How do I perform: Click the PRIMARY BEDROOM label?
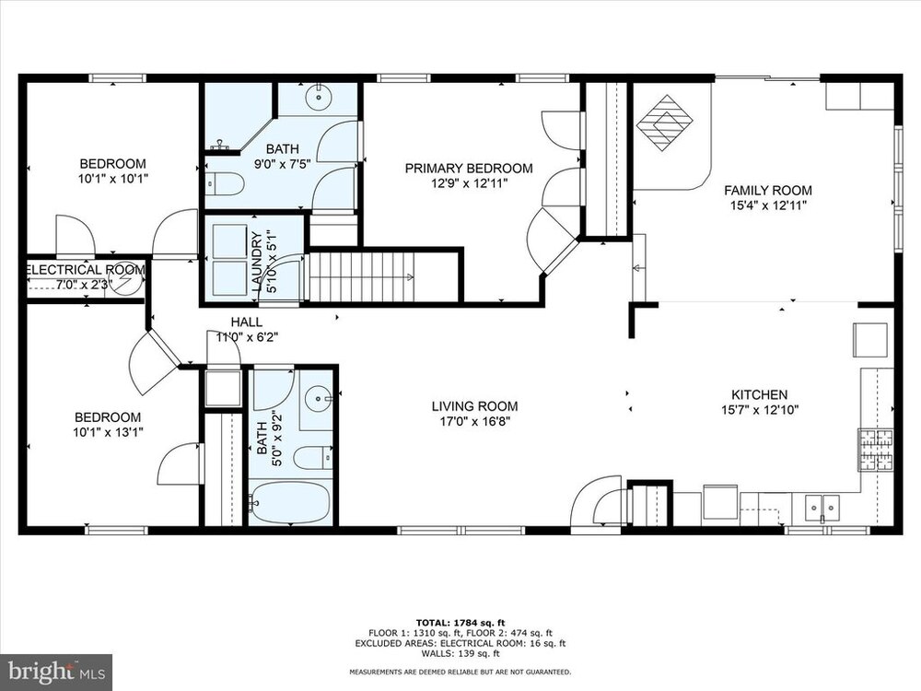[469, 169]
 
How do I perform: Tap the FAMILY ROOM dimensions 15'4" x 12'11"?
[768, 205]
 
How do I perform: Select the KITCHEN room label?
[759, 395]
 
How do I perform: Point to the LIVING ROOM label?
[474, 406]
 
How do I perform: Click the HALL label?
[246, 322]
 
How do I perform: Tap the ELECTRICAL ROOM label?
[86, 270]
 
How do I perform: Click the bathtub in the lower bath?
[289, 503]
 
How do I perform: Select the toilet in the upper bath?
[225, 184]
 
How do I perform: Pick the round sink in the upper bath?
[318, 97]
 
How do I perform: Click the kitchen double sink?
[822, 506]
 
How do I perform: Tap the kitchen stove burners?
[875, 451]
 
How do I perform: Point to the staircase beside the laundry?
[362, 276]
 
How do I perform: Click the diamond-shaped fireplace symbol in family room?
[666, 123]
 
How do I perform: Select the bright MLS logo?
[56, 671]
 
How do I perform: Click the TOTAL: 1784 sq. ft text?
[460, 623]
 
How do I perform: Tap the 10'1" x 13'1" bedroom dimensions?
[107, 432]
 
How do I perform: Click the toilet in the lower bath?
[311, 458]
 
